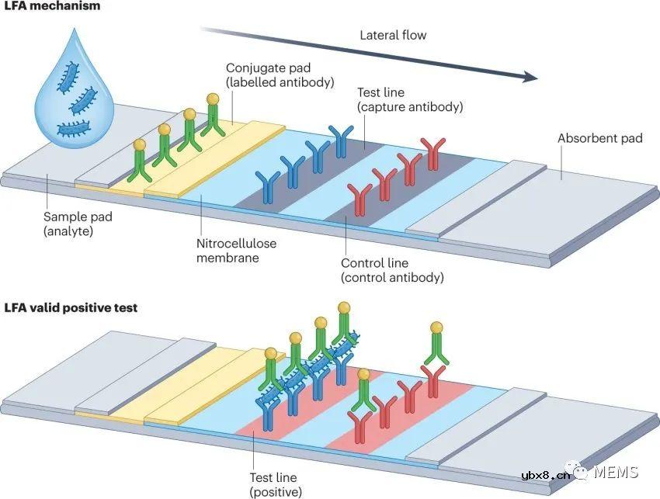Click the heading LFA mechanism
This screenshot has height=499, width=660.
point(52,6)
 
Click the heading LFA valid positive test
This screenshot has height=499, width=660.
point(71,308)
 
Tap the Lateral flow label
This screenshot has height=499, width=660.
point(393,35)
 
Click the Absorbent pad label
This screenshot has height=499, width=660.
point(599,138)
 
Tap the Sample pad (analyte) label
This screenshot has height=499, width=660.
point(78,224)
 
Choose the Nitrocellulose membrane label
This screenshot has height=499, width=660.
point(238,251)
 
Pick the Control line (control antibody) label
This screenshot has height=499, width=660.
point(392,270)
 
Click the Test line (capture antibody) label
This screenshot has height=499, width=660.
point(409,99)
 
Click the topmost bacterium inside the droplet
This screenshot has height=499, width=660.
point(67,76)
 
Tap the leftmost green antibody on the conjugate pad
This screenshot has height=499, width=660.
point(141,162)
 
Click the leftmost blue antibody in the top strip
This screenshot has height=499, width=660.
point(269,186)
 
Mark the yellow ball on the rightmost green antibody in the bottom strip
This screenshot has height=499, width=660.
point(436,327)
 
